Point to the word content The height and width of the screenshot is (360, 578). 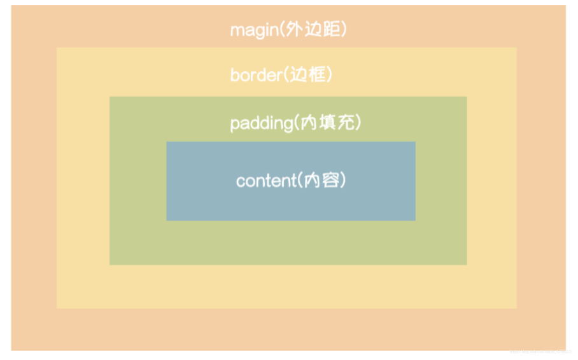(x=263, y=181)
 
